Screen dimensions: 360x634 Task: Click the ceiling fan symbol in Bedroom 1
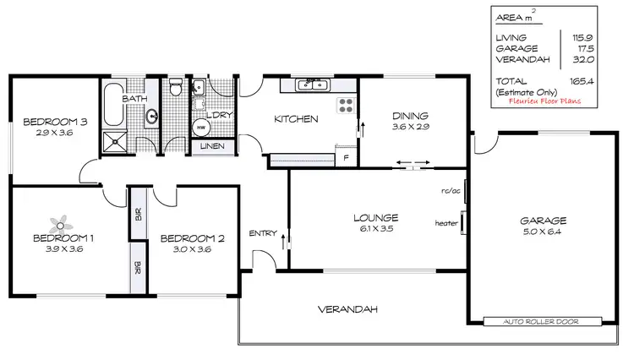pos(59,224)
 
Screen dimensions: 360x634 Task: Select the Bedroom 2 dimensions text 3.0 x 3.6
pos(192,250)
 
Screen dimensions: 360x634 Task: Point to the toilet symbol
pos(174,88)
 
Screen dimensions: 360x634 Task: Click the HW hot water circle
pos(201,128)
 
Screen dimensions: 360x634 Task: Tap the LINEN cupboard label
pos(211,147)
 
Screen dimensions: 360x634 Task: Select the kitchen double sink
pos(312,85)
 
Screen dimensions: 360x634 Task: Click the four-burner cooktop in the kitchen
pos(346,106)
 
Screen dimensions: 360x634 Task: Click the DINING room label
pos(410,116)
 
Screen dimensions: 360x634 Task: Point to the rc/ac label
pos(450,190)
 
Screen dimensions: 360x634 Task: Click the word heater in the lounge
pos(445,223)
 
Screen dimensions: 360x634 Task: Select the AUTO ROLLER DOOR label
pos(543,322)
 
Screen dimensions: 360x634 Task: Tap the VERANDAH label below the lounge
pos(347,308)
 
